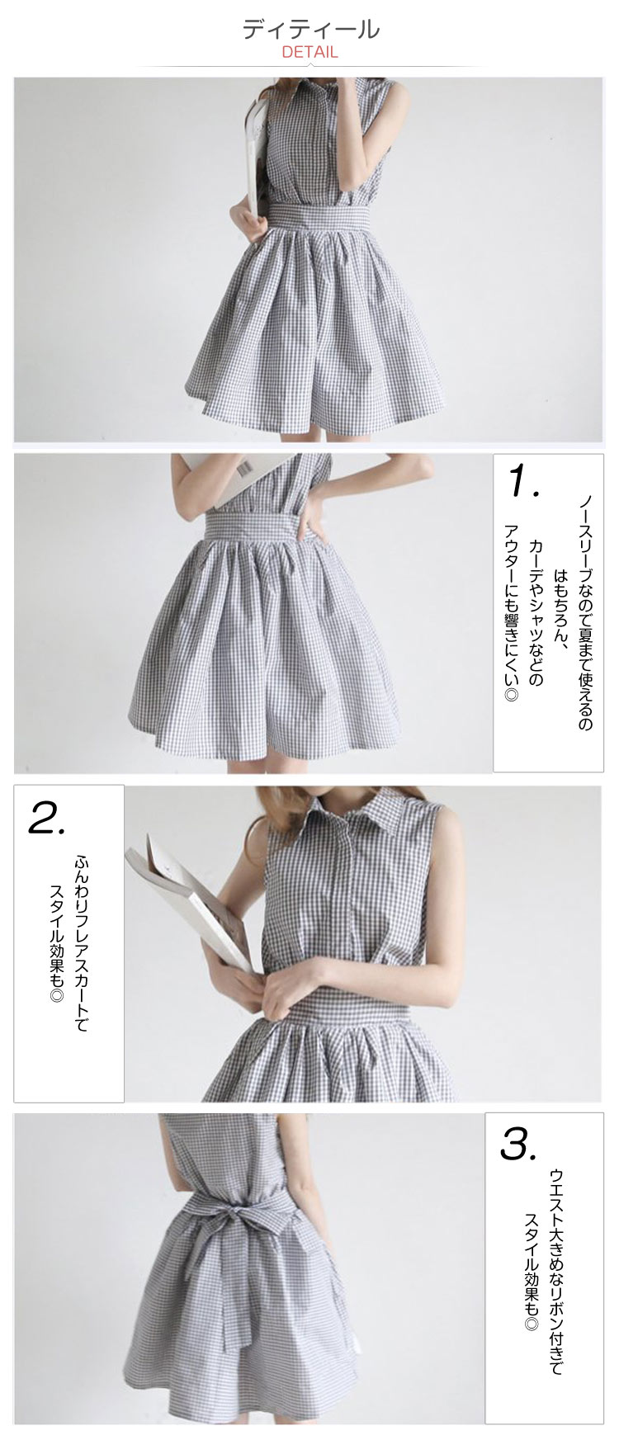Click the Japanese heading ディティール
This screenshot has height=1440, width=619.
(310, 29)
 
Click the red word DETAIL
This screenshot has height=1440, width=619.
(310, 52)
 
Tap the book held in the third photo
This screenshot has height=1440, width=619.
(188, 895)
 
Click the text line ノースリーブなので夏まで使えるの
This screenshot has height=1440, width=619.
(584, 611)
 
